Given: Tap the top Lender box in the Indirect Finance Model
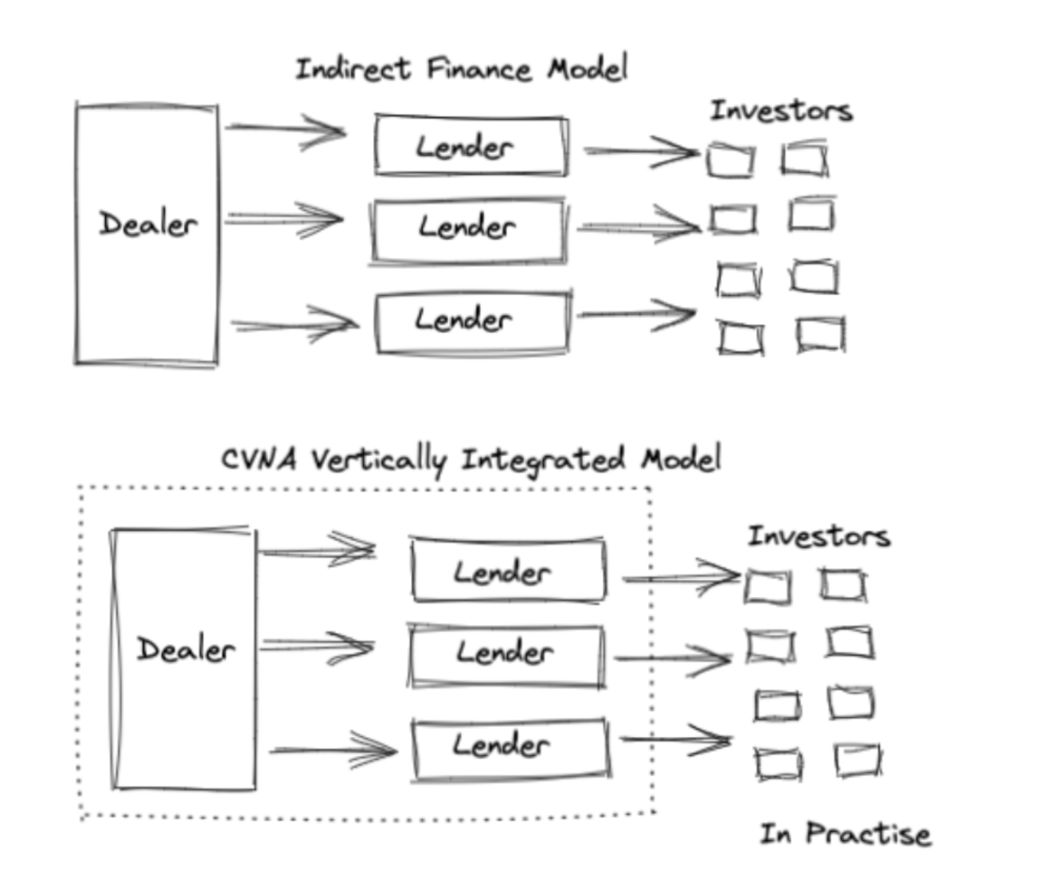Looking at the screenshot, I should click(x=471, y=146).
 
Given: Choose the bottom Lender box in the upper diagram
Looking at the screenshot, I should click(x=473, y=321).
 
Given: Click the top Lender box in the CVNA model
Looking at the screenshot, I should click(x=508, y=571).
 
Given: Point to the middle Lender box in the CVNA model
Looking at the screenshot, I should click(x=506, y=656).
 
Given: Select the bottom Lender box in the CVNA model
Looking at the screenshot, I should click(x=510, y=748).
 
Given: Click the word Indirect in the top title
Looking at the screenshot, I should click(x=353, y=69).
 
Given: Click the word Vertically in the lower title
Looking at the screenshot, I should click(x=378, y=460).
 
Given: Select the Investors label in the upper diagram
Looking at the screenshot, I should click(x=781, y=111).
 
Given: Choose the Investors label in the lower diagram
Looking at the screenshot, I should click(x=818, y=536).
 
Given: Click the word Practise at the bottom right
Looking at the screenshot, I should click(x=868, y=834).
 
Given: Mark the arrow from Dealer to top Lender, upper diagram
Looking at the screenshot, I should click(x=287, y=129).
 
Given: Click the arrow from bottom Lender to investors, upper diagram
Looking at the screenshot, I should click(x=635, y=314).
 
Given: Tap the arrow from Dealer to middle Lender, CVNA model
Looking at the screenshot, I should click(x=316, y=645).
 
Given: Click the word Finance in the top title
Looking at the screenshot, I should click(x=479, y=70).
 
